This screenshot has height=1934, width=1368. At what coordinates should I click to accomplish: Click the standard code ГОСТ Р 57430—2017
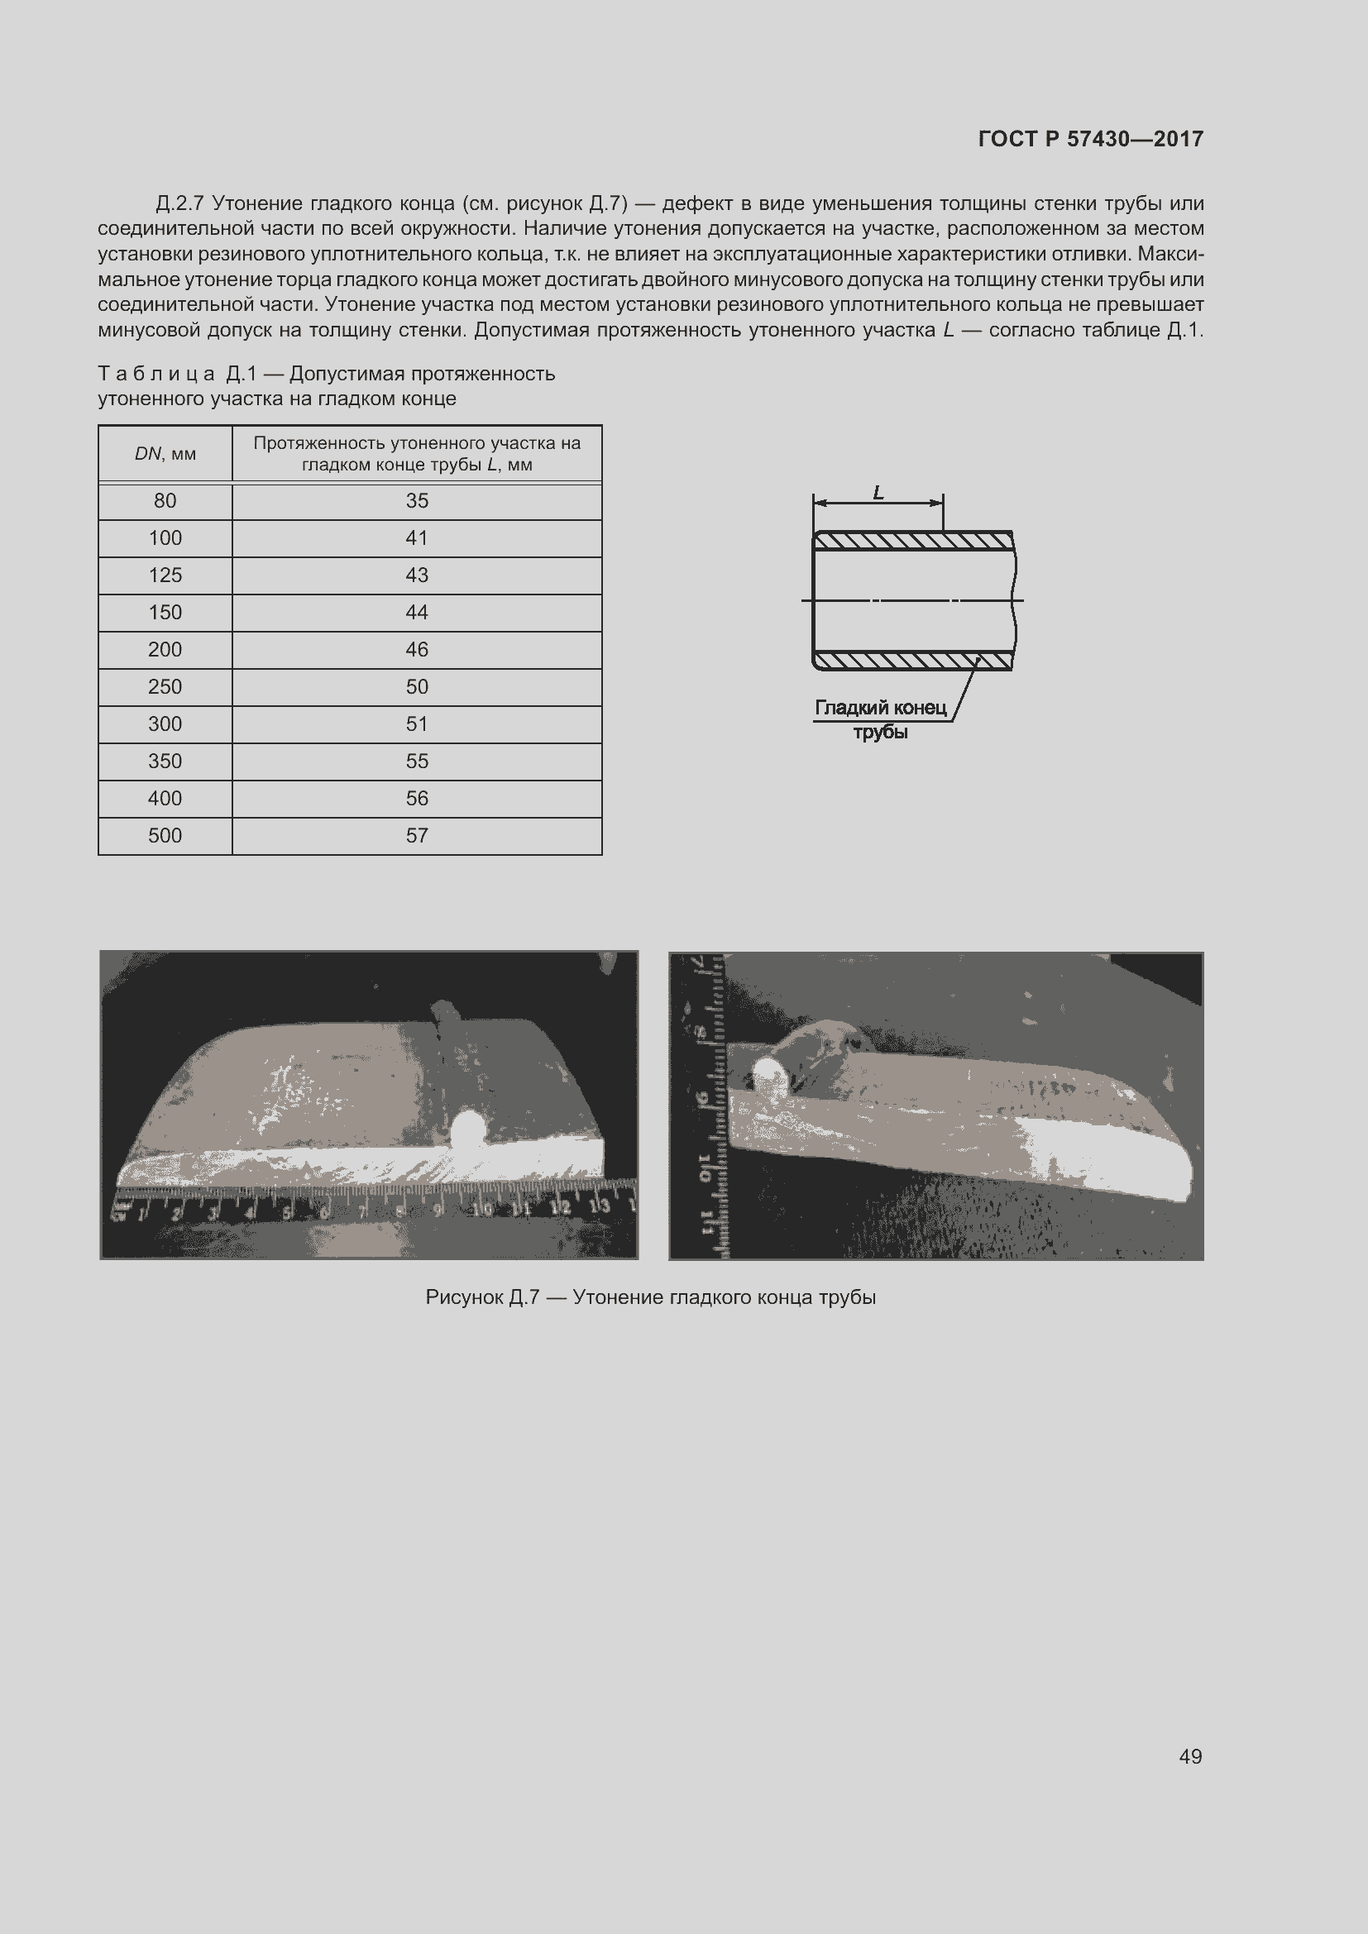[x=1090, y=139]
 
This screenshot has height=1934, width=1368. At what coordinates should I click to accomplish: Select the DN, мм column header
[x=165, y=454]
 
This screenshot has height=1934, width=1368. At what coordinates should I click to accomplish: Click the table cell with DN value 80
[x=165, y=501]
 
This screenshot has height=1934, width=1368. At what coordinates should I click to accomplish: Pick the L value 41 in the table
[x=417, y=538]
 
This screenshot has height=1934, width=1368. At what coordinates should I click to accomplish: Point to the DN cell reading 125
[x=165, y=575]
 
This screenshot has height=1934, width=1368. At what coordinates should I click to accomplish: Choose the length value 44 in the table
[x=417, y=613]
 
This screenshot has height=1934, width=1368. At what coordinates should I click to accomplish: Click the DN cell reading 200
[x=165, y=649]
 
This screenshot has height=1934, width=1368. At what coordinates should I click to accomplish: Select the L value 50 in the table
[x=417, y=686]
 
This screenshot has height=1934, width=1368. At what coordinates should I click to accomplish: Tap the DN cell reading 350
[x=165, y=762]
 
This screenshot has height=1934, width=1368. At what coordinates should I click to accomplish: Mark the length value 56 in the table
[x=417, y=799]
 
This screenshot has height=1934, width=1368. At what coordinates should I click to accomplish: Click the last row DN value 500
[x=165, y=836]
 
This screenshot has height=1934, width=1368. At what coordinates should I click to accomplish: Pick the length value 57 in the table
[x=417, y=836]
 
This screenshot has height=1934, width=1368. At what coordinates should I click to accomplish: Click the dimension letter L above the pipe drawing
[x=878, y=493]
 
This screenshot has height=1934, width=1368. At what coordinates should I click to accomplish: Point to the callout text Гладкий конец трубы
[x=880, y=719]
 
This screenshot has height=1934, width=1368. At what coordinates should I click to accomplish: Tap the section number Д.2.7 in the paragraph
[x=180, y=204]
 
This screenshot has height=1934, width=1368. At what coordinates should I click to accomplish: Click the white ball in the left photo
[x=467, y=1126]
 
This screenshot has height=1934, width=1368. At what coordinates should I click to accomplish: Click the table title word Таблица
[x=156, y=374]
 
